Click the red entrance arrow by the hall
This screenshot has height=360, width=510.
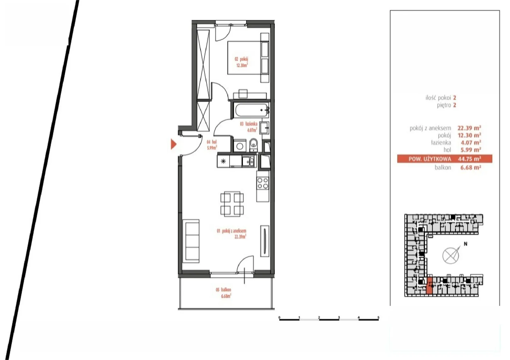tap(173, 144)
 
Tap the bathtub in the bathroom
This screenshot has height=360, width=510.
tap(251, 110)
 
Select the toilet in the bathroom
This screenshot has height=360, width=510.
tap(253, 145)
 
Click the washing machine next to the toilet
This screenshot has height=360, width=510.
tap(240, 145)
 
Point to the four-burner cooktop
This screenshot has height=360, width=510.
tap(263, 184)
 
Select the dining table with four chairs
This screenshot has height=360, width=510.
tap(232, 204)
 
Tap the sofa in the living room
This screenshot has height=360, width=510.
tap(191, 241)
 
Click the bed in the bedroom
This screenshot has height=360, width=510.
tap(248, 58)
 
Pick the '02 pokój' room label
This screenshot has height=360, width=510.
tap(241, 59)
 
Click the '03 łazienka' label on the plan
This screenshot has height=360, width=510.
tap(249, 124)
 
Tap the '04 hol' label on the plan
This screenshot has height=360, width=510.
tap(212, 142)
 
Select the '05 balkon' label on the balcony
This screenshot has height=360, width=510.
tap(223, 290)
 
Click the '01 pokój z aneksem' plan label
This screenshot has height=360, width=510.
tap(231, 231)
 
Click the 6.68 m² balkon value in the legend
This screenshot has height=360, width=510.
tap(470, 168)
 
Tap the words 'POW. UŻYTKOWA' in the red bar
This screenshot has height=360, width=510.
tap(430, 159)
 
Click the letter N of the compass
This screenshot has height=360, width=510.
tap(466, 244)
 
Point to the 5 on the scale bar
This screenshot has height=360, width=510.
tap(378, 317)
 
